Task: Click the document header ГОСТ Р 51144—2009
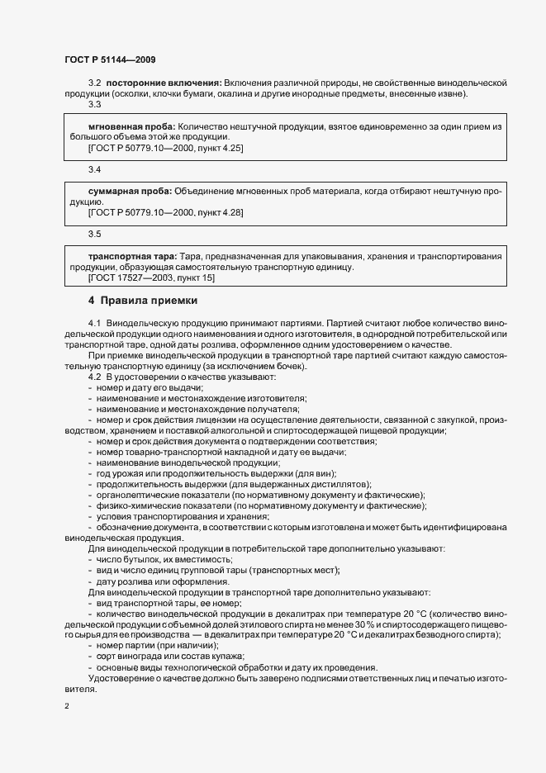tap(109, 59)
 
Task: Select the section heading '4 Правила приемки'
tap(143, 300)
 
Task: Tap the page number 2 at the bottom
tap(67, 705)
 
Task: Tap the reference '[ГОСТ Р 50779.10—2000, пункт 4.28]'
tap(165, 212)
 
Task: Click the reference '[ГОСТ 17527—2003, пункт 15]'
tap(151, 277)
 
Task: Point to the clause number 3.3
tap(94, 104)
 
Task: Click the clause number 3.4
tap(94, 169)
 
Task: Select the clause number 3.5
tap(94, 235)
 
